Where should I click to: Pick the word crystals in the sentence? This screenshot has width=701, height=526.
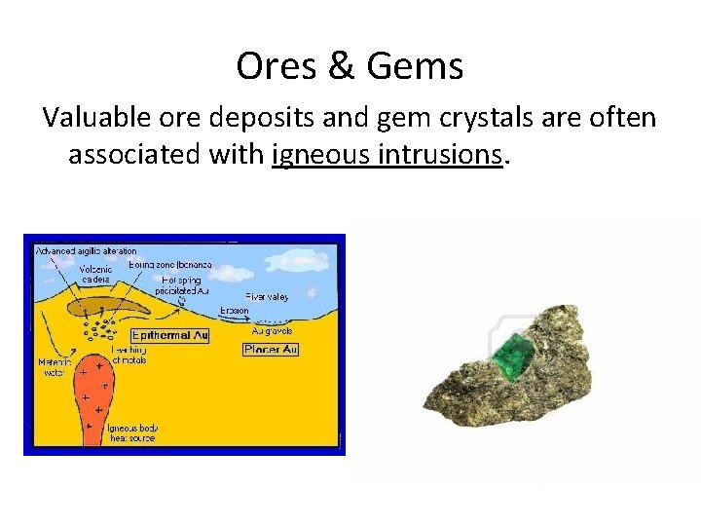479,118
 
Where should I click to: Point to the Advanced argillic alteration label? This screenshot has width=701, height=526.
87,250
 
